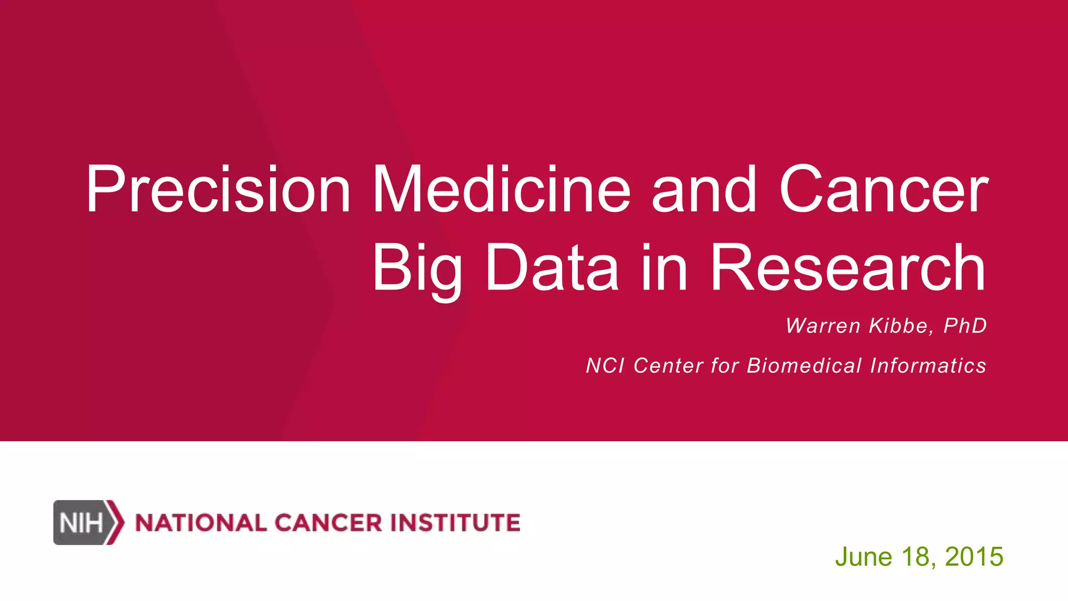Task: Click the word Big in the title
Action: tap(417, 269)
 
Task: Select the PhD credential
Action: tap(965, 326)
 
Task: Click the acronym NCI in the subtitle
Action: tap(605, 366)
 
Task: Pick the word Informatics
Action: tap(928, 366)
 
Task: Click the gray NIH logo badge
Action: tap(84, 522)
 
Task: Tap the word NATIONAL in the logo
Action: tap(201, 523)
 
